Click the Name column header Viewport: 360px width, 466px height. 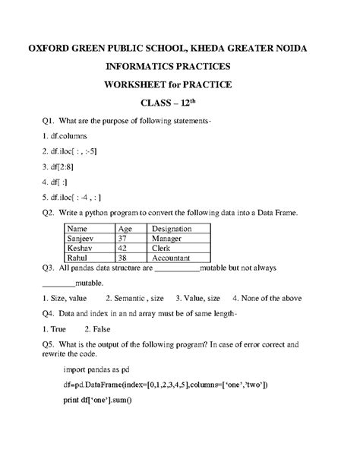tap(78, 228)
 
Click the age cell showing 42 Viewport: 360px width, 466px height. tap(124, 248)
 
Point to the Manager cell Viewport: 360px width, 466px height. tap(167, 238)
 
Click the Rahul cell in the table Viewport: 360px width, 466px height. tap(78, 258)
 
